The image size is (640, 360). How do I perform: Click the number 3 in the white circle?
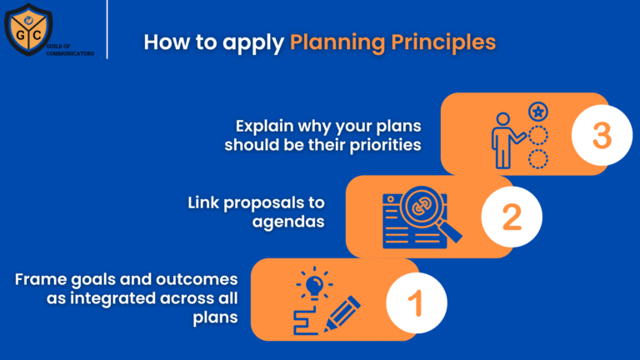pyautogui.click(x=601, y=135)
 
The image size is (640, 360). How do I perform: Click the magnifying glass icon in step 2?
pyautogui.click(x=421, y=214)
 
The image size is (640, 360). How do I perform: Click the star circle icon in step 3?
pyautogui.click(x=537, y=112)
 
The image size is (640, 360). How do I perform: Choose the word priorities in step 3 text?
pyautogui.click(x=382, y=144)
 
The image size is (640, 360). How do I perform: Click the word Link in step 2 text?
pyautogui.click(x=203, y=202)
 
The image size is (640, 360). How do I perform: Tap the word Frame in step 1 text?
pyautogui.click(x=37, y=279)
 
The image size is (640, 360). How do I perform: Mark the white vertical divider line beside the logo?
pyautogui.click(x=107, y=29)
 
